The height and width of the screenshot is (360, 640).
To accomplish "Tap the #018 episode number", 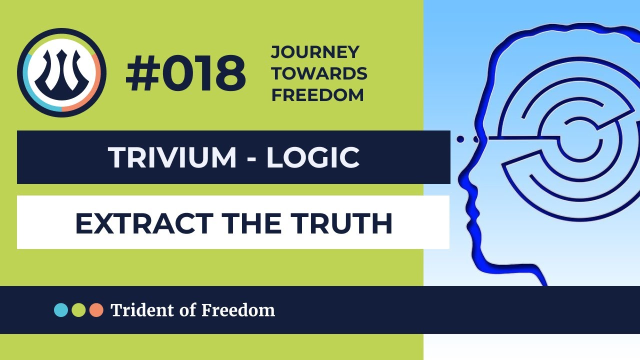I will coord(186,74).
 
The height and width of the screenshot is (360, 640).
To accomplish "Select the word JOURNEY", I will coord(315,51).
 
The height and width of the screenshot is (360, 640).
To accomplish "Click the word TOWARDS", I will coord(319,73).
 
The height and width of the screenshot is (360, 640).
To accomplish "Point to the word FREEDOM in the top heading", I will coord(317,95).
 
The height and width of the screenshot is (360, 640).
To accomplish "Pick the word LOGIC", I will coord(313,157).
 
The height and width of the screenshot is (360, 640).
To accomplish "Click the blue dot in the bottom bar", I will coord(61,310).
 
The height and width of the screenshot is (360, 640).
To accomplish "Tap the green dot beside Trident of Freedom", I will coord(78,310).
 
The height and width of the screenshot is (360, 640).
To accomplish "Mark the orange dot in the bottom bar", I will coord(96,310).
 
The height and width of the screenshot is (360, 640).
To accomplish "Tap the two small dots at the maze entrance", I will coord(464,138).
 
